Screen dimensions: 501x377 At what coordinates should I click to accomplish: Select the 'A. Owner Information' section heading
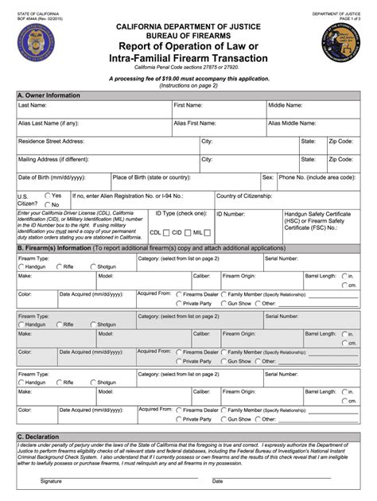point(49,95)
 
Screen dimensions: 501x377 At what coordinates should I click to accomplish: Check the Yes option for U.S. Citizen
point(49,195)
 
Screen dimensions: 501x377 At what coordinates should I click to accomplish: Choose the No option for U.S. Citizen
point(49,204)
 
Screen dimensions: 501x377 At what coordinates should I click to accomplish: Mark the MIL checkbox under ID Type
point(208,233)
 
